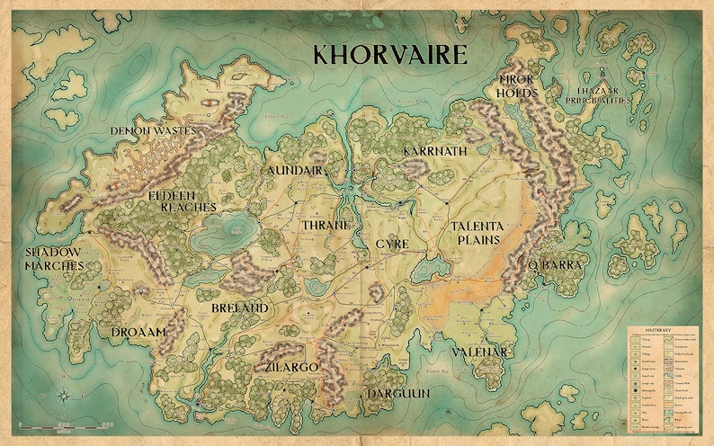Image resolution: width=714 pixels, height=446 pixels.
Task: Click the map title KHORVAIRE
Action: coord(389,54)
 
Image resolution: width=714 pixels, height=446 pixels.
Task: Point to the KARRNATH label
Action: coord(435,151)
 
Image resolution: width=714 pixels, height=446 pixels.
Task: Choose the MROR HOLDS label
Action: coord(518,85)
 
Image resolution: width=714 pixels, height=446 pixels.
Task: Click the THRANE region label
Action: coord(326,225)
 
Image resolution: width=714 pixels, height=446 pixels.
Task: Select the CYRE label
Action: coord(392,244)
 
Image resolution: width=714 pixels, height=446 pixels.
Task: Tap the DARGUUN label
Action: coord(397,394)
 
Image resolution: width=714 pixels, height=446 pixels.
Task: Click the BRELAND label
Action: coord(239,308)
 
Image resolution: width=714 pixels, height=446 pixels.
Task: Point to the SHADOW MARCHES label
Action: coord(54,259)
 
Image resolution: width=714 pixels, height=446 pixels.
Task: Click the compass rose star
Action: coord(66,395)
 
